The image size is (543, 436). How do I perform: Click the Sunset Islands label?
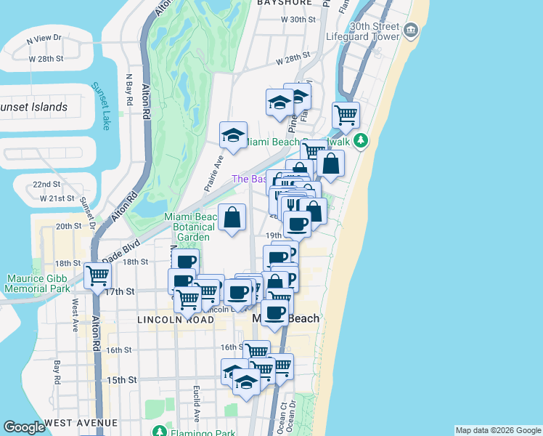pyautogui.click(x=33, y=108)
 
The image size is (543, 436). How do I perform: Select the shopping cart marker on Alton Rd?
pyautogui.click(x=97, y=276)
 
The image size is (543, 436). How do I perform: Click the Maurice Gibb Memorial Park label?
pyautogui.click(x=38, y=283)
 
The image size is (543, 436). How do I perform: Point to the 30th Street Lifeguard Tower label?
pyautogui.click(x=374, y=31)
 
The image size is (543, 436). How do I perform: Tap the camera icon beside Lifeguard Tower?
pyautogui.click(x=411, y=29)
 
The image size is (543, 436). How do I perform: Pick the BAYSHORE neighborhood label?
pyautogui.click(x=284, y=3)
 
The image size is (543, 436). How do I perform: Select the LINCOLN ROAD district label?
pyautogui.click(x=168, y=320)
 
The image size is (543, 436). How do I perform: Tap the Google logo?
pyautogui.click(x=24, y=427)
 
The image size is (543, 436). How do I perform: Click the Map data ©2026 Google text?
pyautogui.click(x=497, y=430)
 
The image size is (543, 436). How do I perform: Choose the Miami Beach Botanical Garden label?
pyautogui.click(x=192, y=227)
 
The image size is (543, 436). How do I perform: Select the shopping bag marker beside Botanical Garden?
pyautogui.click(x=232, y=217)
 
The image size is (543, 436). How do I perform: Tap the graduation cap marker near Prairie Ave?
pyautogui.click(x=233, y=135)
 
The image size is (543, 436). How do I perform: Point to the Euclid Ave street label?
pyautogui.click(x=197, y=403)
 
